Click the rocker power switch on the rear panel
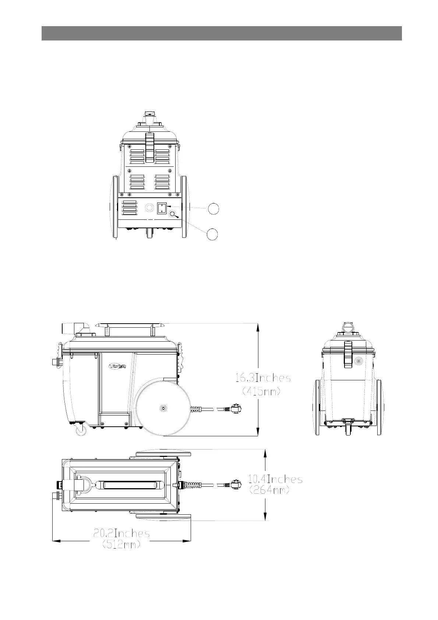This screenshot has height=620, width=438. (161, 208)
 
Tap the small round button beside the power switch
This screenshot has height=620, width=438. (173, 214)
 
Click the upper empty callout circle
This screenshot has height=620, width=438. (213, 209)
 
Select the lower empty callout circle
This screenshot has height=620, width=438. (212, 235)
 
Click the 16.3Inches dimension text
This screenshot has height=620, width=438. (263, 378)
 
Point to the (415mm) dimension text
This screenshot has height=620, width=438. (261, 391)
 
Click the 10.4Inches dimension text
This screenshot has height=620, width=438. (275, 479)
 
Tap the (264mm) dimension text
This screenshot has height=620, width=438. (269, 490)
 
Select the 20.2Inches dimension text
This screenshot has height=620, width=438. (122, 533)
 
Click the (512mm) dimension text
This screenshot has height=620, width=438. (121, 545)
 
